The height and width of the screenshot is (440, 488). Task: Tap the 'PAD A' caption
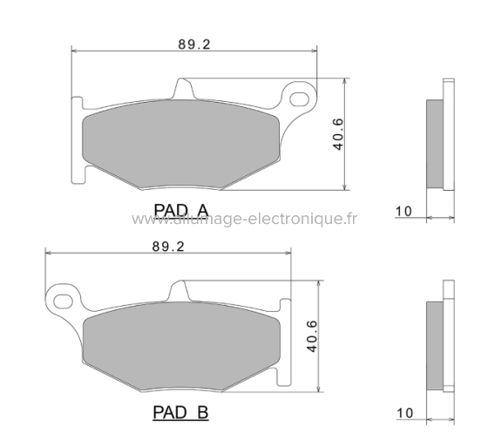click(180, 209)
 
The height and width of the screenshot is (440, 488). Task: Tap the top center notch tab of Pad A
click(184, 89)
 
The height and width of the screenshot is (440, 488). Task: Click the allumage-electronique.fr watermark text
click(244, 220)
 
